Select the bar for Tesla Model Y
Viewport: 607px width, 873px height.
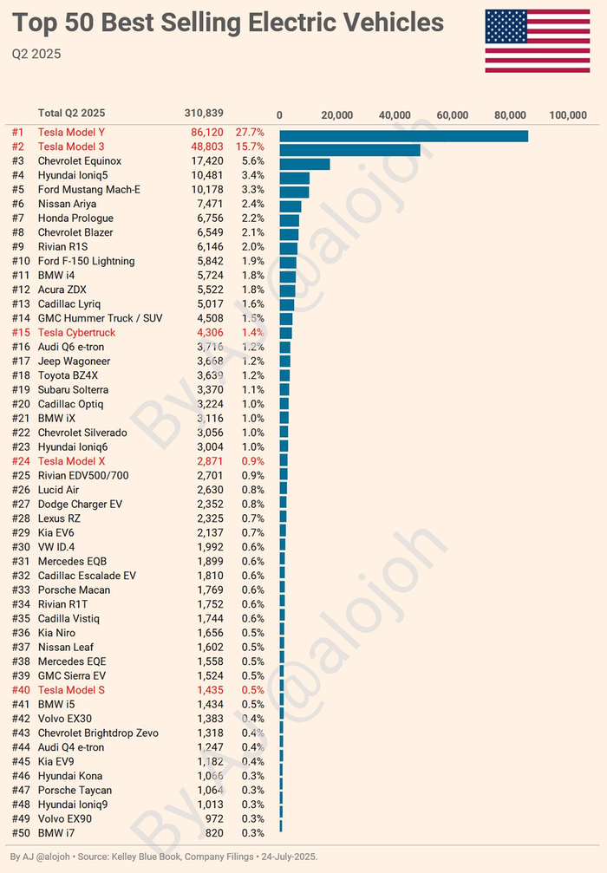tap(403, 135)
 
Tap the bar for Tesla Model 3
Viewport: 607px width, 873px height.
tap(349, 150)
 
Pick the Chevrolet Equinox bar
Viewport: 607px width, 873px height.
tap(304, 164)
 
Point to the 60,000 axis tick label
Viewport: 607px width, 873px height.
tap(453, 114)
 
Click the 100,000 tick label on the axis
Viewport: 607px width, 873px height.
tap(568, 114)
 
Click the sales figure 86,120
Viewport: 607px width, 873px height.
tap(206, 133)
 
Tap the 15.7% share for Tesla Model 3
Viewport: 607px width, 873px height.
tap(249, 147)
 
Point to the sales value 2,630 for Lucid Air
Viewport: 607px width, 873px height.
tap(209, 490)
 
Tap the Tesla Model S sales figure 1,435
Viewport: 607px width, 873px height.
tap(209, 690)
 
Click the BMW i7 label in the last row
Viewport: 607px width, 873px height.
tap(56, 833)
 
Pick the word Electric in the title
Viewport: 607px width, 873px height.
tap(298, 23)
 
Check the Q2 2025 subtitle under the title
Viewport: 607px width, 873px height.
tap(36, 55)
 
